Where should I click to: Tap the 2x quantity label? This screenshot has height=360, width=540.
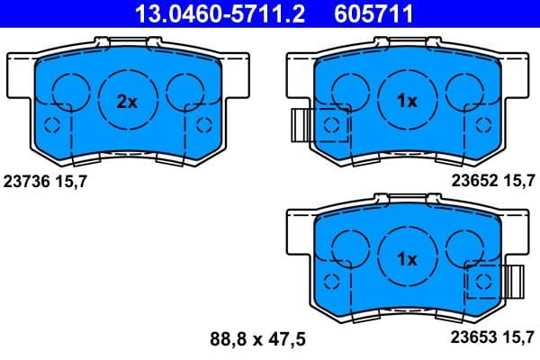[x=127, y=102]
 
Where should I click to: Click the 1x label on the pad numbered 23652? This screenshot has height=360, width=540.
[x=407, y=102]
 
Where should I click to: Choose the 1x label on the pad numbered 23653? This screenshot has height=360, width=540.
[x=407, y=259]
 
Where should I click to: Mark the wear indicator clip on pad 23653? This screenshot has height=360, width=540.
[x=514, y=282]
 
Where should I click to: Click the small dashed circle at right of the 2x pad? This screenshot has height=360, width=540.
[x=203, y=124]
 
